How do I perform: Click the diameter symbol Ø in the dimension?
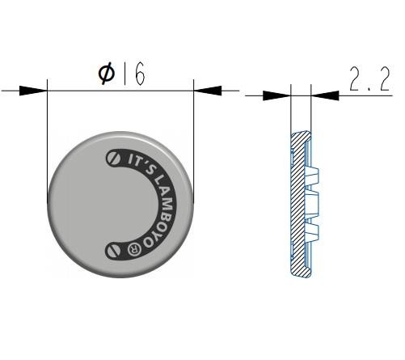[107, 74]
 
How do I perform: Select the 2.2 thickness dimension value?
[369, 78]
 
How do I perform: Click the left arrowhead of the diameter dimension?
[33, 91]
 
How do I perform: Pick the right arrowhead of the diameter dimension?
[208, 91]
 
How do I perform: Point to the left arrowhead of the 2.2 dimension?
[277, 95]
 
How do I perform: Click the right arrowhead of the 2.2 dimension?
[325, 95]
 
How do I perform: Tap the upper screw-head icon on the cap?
[113, 158]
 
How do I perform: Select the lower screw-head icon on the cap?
[113, 250]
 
